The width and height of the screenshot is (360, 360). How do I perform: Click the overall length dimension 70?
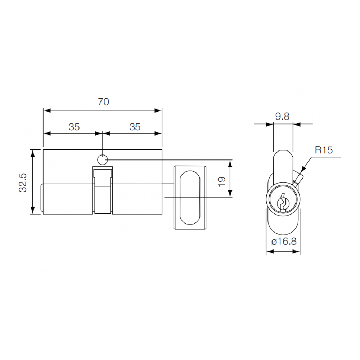tap(103, 102)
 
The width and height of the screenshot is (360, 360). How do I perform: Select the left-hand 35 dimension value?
tap(74, 127)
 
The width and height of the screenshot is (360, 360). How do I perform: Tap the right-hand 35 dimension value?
tap(135, 127)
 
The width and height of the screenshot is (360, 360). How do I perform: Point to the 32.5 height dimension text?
tap(23, 182)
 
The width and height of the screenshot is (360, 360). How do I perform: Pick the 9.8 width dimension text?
tap(282, 116)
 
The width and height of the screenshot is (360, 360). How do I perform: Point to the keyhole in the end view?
tap(283, 202)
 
